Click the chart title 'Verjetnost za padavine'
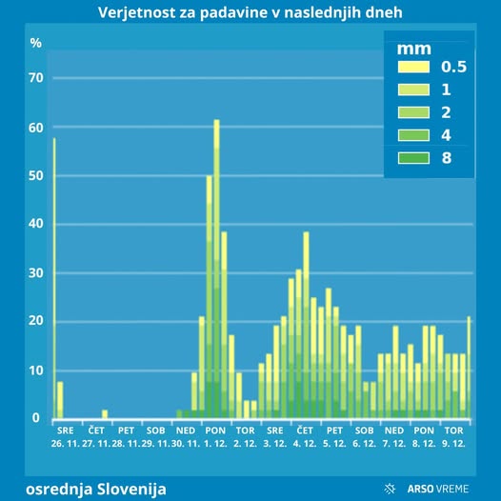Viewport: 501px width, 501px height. point(250,13)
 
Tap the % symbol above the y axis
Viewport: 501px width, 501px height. point(35,43)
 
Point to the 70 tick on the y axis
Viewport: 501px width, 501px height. point(36,78)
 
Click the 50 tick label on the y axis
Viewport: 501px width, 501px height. point(36,176)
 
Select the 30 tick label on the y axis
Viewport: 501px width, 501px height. point(36,273)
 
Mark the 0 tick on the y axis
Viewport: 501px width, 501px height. point(36,418)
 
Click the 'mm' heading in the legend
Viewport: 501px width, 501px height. point(415,49)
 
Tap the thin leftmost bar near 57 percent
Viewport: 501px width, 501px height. point(53,276)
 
